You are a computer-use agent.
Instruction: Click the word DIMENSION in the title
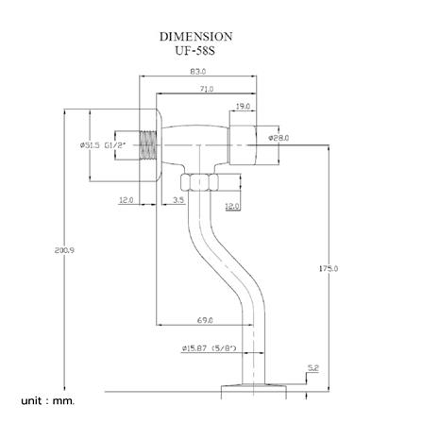(195, 36)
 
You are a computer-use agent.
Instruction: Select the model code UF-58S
(195, 50)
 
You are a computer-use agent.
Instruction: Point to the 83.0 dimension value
(198, 71)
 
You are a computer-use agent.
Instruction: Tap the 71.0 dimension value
(205, 89)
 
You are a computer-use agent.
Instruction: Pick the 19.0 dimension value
(243, 107)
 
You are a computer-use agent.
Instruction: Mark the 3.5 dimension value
(178, 200)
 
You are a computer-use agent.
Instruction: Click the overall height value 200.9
(65, 249)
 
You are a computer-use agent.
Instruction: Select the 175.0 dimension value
(328, 269)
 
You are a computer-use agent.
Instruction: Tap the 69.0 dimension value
(205, 321)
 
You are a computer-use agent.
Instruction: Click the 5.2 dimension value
(313, 367)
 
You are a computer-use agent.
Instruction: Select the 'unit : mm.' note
(47, 401)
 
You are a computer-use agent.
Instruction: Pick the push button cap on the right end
(243, 143)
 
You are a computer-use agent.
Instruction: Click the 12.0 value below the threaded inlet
(127, 200)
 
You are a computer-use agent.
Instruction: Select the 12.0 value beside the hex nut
(232, 206)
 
